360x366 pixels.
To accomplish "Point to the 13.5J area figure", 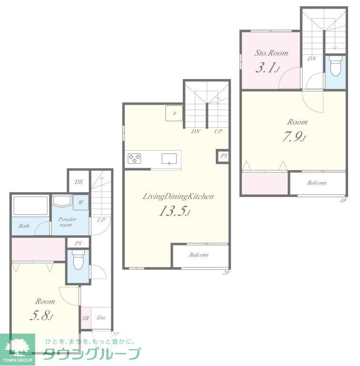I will point(175,212).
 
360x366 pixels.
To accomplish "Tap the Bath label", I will point(24,226).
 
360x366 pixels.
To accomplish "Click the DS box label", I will point(79,182).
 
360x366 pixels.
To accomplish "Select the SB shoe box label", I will point(86,318).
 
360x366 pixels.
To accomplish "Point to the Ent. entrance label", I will point(101,318).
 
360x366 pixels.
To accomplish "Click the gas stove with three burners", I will point(134,158).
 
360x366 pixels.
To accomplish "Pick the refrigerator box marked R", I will point(174,113).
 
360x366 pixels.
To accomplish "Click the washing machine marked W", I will point(80,203).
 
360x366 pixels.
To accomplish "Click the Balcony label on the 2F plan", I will point(199,255).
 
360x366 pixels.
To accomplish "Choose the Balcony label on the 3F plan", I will point(317,183).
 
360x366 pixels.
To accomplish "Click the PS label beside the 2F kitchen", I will point(223,156).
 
